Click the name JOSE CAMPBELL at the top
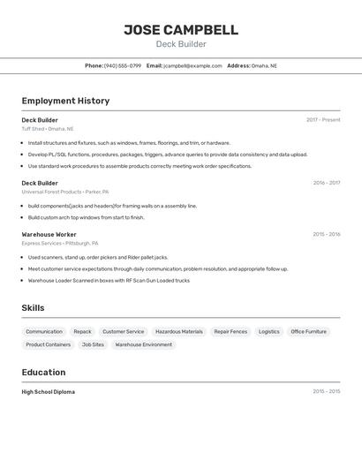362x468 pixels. coord(180,30)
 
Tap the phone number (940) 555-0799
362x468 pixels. coord(123,65)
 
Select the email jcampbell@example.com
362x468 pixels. coord(192,65)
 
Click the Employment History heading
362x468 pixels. coord(65,101)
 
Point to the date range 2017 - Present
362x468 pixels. coord(323,120)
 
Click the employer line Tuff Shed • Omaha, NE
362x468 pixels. coord(48,129)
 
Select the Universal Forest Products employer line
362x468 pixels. coord(65,192)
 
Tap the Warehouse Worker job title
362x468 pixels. coord(49,234)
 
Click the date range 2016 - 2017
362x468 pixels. coord(326,183)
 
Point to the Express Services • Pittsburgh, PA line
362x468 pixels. coord(60,243)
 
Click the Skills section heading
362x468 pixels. coord(33,308)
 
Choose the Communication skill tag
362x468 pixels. coord(44,332)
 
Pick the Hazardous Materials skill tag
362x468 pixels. coord(179,332)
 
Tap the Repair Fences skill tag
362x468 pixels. coord(230,332)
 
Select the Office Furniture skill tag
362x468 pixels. coord(309,332)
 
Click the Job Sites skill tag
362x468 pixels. coord(93,345)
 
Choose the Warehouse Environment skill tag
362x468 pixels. coord(144,345)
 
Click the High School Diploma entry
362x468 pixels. coord(49,391)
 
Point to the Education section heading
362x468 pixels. coord(43,372)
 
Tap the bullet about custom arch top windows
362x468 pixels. coord(86,217)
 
